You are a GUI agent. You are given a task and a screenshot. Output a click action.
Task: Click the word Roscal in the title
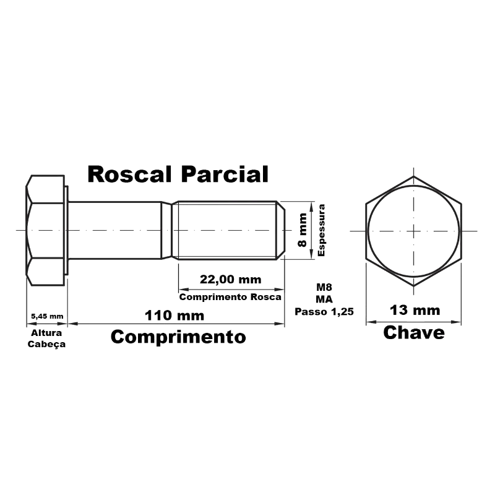click(129, 174)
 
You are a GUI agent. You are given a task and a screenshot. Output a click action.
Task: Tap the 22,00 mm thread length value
click(230, 280)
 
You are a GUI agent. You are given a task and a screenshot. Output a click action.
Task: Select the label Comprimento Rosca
click(230, 297)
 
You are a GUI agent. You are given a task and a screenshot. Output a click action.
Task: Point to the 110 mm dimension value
click(174, 316)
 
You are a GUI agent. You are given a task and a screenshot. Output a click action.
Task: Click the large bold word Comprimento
click(178, 337)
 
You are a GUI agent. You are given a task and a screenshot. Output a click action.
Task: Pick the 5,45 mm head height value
click(47, 316)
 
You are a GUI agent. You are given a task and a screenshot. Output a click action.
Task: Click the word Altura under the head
click(46, 333)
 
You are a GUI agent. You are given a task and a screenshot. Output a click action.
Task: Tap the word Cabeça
click(46, 344)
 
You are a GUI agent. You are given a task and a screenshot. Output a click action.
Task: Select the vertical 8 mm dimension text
click(302, 230)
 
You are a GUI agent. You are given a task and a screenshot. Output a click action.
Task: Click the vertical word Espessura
click(321, 230)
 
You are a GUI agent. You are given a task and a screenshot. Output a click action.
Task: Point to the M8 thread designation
click(324, 287)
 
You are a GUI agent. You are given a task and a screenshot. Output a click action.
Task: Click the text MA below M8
click(324, 299)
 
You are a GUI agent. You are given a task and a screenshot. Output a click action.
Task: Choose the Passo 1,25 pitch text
click(324, 312)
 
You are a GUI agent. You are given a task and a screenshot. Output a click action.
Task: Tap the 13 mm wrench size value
click(415, 311)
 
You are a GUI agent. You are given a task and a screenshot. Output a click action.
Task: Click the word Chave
click(414, 333)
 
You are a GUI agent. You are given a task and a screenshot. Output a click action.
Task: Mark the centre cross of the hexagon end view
click(413, 231)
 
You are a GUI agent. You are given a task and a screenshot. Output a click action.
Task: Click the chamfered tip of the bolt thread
click(281, 230)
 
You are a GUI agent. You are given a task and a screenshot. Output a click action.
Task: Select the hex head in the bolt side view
click(45, 230)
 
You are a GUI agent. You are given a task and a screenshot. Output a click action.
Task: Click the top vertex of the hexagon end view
click(413, 176)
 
